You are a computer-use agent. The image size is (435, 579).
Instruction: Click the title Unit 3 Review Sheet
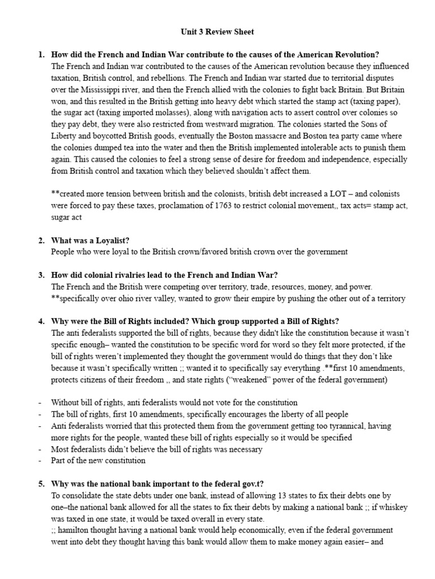coord(217,32)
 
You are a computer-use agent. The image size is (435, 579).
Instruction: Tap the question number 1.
coord(40,55)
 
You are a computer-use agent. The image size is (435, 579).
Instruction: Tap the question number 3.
coord(40,275)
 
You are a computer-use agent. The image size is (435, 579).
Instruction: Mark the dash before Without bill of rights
coord(40,403)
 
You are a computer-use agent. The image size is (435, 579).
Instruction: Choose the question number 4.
coord(40,322)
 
